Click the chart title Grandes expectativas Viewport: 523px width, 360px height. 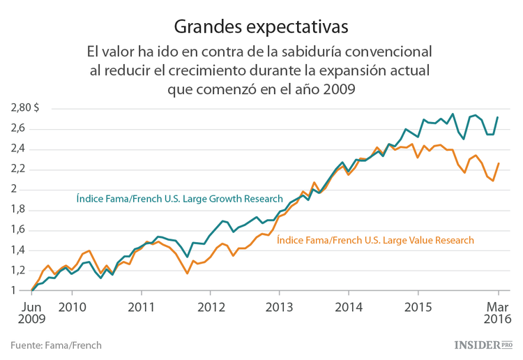[261, 27]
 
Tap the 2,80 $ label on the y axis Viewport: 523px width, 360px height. [25, 107]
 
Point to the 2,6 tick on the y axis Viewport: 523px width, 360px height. [18, 128]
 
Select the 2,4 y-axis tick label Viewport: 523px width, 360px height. [18, 149]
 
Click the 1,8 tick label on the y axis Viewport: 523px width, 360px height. [18, 209]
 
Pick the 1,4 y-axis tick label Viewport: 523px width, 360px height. [18, 250]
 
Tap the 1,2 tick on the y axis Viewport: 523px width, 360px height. [18, 271]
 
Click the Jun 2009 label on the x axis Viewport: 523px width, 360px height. [32, 313]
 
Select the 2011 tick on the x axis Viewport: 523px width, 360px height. [142, 306]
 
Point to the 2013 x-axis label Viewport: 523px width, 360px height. [280, 306]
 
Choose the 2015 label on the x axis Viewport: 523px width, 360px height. [418, 306]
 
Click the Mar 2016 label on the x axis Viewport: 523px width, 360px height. [498, 313]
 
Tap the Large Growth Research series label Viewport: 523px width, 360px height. [179, 199]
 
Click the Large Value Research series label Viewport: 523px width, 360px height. [375, 240]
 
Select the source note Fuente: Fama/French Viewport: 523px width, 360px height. [56, 345]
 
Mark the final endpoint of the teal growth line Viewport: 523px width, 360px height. [497, 117]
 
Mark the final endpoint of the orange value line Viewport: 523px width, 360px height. [497, 163]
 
